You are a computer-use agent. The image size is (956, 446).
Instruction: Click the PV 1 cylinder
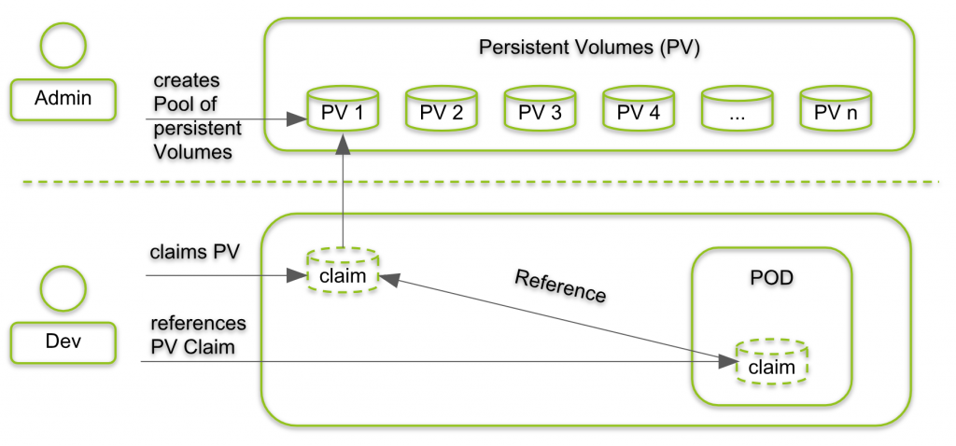[344, 111]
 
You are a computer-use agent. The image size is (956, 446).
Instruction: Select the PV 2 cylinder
[441, 111]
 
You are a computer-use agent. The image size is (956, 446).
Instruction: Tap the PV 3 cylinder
[540, 111]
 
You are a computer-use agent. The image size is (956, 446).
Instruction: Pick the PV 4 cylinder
[639, 111]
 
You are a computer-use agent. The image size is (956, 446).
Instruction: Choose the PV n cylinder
[836, 111]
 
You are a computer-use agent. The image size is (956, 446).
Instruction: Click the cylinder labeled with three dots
[738, 111]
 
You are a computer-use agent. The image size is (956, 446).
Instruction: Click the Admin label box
[63, 99]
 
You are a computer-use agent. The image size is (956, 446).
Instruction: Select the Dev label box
[63, 342]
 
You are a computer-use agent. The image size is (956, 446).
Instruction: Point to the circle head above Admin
[63, 45]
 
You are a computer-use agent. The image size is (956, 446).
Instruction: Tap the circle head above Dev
[63, 287]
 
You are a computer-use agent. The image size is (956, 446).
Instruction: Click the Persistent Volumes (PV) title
[588, 48]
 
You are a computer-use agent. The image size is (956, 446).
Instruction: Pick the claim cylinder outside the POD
[344, 272]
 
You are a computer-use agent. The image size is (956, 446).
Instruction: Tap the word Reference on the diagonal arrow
[560, 286]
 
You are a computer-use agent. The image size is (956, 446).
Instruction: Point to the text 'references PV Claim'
[197, 334]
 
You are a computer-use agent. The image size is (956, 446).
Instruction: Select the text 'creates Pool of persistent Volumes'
[196, 117]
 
